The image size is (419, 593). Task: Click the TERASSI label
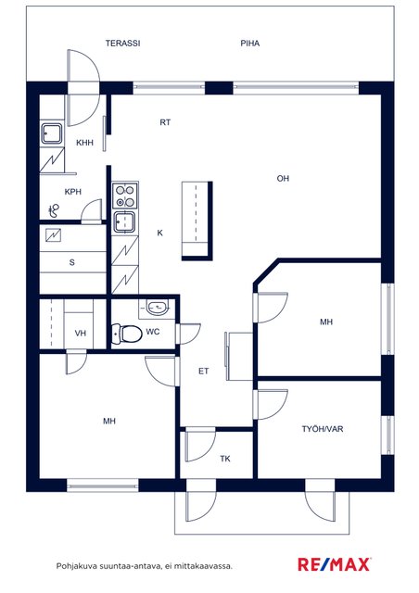pos(122,44)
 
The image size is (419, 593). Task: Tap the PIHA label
pos(249,44)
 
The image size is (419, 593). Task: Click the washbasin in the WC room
pos(157,308)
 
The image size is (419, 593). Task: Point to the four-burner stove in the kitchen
pos(125,196)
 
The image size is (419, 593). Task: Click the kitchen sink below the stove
pos(124,222)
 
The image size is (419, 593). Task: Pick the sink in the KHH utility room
pos(52,133)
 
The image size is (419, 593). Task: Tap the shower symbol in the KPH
pos(55,210)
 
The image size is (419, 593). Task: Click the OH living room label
pos(283,178)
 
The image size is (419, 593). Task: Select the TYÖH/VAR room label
pos(323,429)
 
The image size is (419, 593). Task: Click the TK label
pos(225,459)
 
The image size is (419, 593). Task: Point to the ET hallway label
pos(204,371)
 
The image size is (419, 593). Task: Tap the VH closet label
pos(81,334)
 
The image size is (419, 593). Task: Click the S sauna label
pos(72,262)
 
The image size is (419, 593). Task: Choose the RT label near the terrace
pos(165,122)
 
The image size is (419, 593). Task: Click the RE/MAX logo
pos(334,564)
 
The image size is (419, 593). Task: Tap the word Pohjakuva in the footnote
pos(76,566)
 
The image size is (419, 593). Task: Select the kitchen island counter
pos(197,221)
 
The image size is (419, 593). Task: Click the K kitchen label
pos(159,233)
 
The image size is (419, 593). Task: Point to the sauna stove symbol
pos(54,235)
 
